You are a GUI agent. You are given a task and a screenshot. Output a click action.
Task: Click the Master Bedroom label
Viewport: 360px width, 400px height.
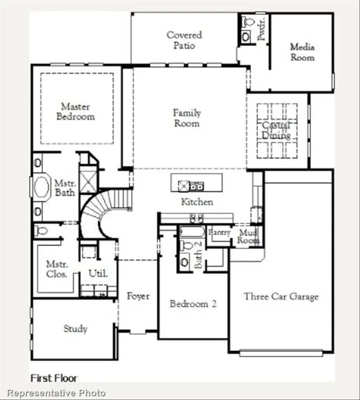tap(76, 112)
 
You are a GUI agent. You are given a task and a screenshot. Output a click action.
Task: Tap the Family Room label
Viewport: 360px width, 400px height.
tap(187, 118)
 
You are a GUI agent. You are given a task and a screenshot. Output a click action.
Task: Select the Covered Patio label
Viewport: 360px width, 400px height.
tap(184, 40)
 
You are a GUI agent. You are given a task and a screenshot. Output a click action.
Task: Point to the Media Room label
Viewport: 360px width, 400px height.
tap(302, 52)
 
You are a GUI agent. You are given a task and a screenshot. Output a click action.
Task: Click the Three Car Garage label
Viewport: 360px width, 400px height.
tap(281, 297)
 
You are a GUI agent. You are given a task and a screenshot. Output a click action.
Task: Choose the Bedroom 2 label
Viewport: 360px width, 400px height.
tap(193, 304)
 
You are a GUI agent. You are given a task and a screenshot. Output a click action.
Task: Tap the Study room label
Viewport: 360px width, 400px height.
tap(75, 329)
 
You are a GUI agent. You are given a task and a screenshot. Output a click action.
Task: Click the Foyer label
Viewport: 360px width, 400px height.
tap(138, 296)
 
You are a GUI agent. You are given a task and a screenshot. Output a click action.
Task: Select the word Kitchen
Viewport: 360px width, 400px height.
tap(197, 202)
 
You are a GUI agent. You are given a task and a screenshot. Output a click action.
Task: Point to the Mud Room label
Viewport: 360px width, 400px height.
tap(248, 237)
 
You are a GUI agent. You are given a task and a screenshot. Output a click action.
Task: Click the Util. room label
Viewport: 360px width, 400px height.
tap(98, 274)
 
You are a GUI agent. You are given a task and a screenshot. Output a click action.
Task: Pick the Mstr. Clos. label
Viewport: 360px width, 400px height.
tap(57, 269)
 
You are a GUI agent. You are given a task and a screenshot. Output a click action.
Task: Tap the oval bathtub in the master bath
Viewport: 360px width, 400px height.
tap(40, 188)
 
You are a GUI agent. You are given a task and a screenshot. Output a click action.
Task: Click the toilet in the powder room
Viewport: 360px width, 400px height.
tap(246, 21)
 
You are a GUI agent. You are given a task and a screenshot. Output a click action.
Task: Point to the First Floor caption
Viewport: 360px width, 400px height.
tap(54, 378)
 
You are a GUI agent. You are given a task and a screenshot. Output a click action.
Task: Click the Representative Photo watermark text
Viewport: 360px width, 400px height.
tap(56, 393)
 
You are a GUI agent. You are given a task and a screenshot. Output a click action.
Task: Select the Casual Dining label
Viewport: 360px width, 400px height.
tap(276, 130)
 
